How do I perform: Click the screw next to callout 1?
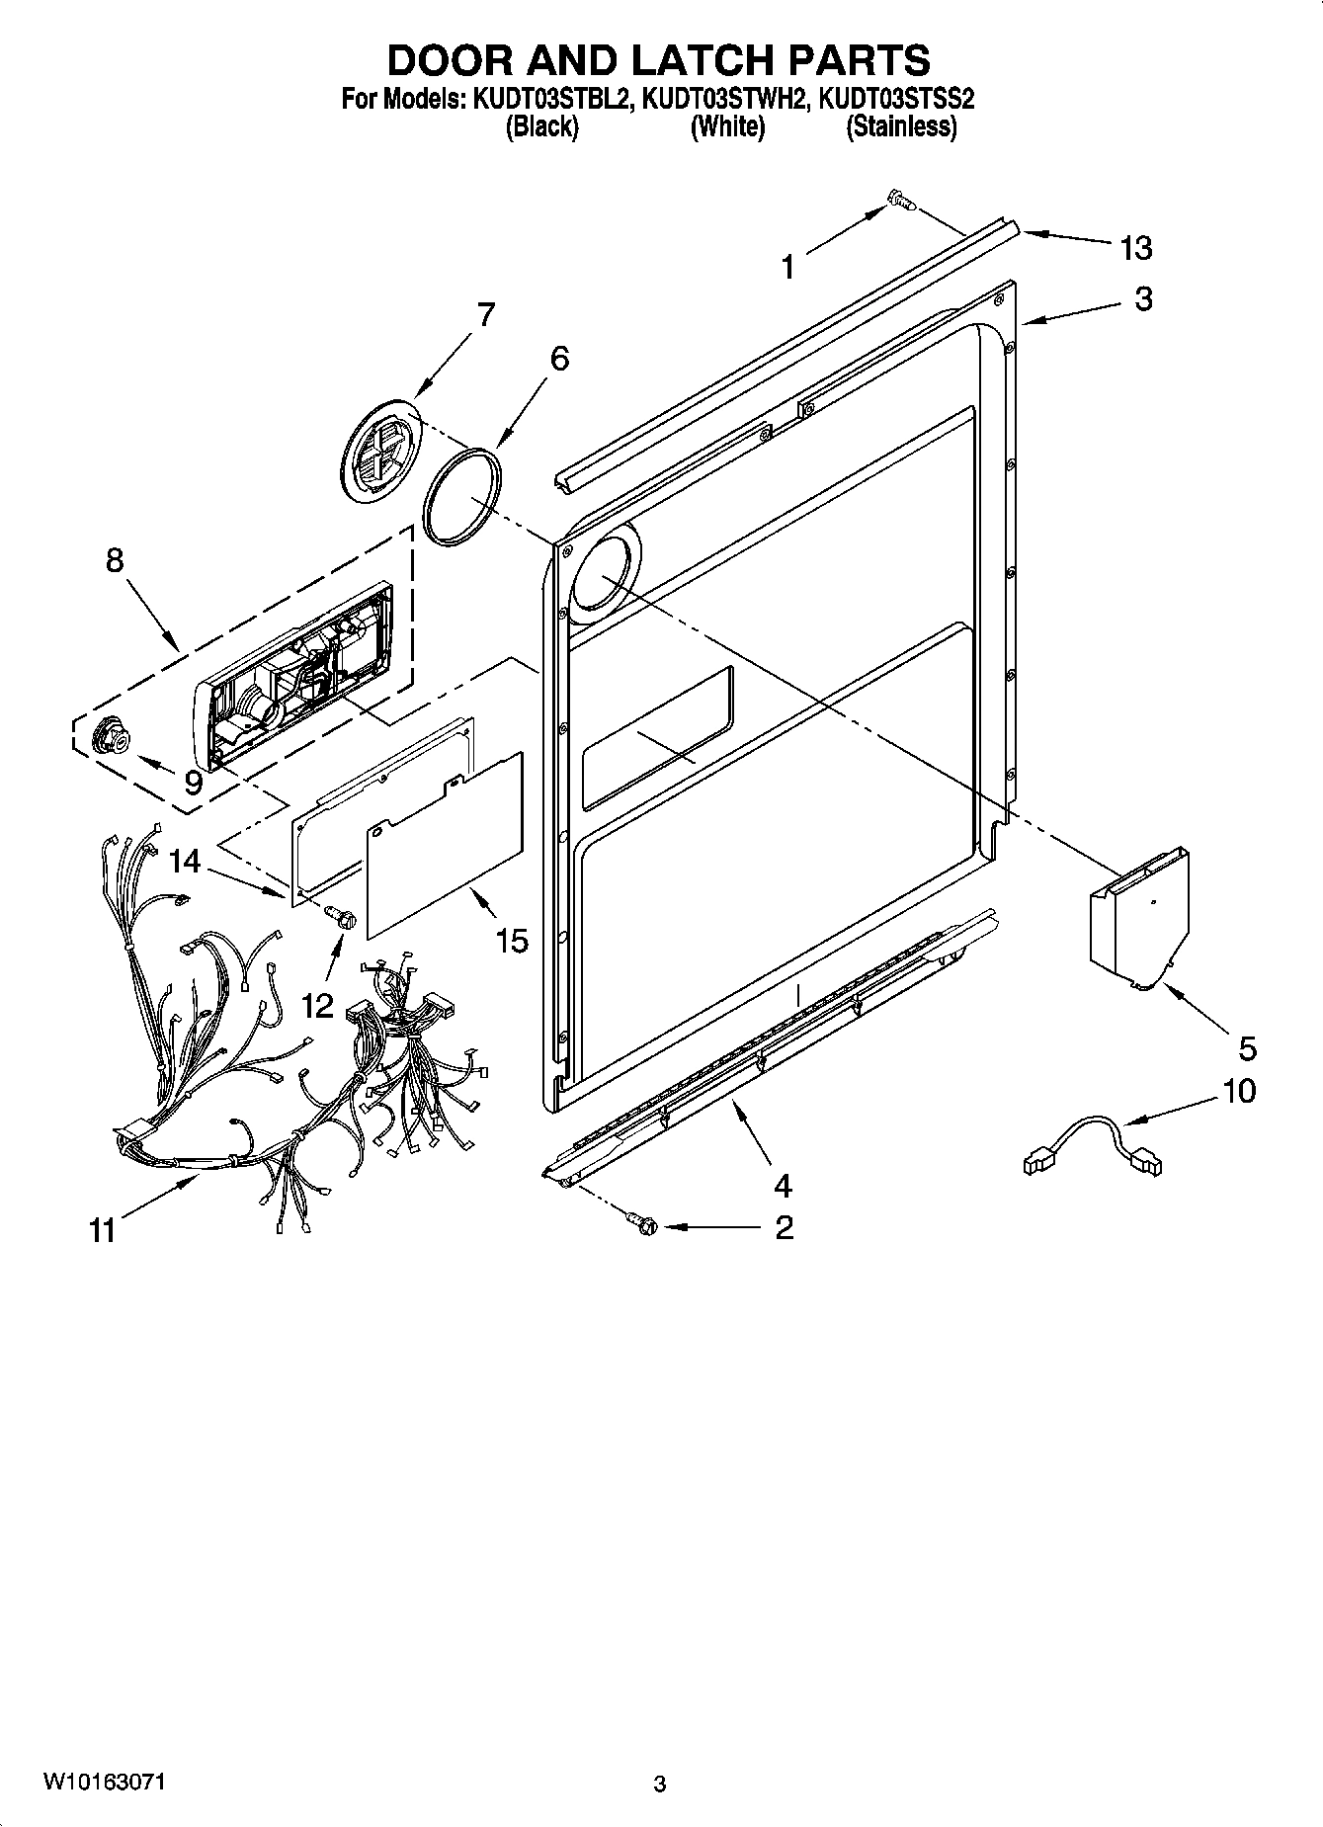(899, 201)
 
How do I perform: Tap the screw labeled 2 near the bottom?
(642, 1224)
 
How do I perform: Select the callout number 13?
(1135, 248)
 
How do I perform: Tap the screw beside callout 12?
(342, 917)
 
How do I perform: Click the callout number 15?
(512, 940)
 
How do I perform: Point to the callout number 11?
(103, 1231)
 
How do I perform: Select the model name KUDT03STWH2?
(723, 99)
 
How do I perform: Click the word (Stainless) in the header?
(901, 126)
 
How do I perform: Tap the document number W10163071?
(104, 1782)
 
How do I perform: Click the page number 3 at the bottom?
(660, 1784)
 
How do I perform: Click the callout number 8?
(115, 560)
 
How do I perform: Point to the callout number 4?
(783, 1184)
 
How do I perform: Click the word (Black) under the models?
(541, 126)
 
